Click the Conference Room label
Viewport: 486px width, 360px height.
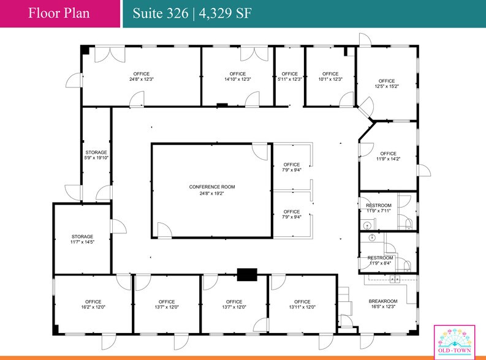211,190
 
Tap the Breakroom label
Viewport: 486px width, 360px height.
383,304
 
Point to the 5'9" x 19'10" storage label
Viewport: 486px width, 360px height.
96,156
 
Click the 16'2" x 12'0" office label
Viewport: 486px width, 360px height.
93,304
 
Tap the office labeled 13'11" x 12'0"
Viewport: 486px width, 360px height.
302,304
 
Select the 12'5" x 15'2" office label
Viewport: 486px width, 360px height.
387,84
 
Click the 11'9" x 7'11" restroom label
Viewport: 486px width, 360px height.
379,208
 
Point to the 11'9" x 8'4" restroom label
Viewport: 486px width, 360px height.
380,261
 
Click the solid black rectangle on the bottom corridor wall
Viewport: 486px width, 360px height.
246,275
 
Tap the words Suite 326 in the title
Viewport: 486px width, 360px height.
161,13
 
